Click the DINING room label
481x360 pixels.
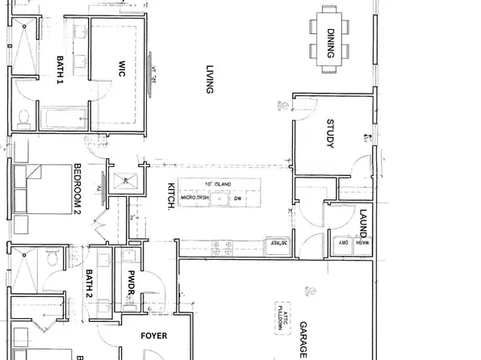331,43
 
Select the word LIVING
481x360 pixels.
208,80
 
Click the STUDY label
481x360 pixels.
330,133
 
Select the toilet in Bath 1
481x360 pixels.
25,119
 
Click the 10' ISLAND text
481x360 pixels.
217,185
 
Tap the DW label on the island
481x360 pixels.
237,197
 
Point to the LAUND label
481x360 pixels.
363,223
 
